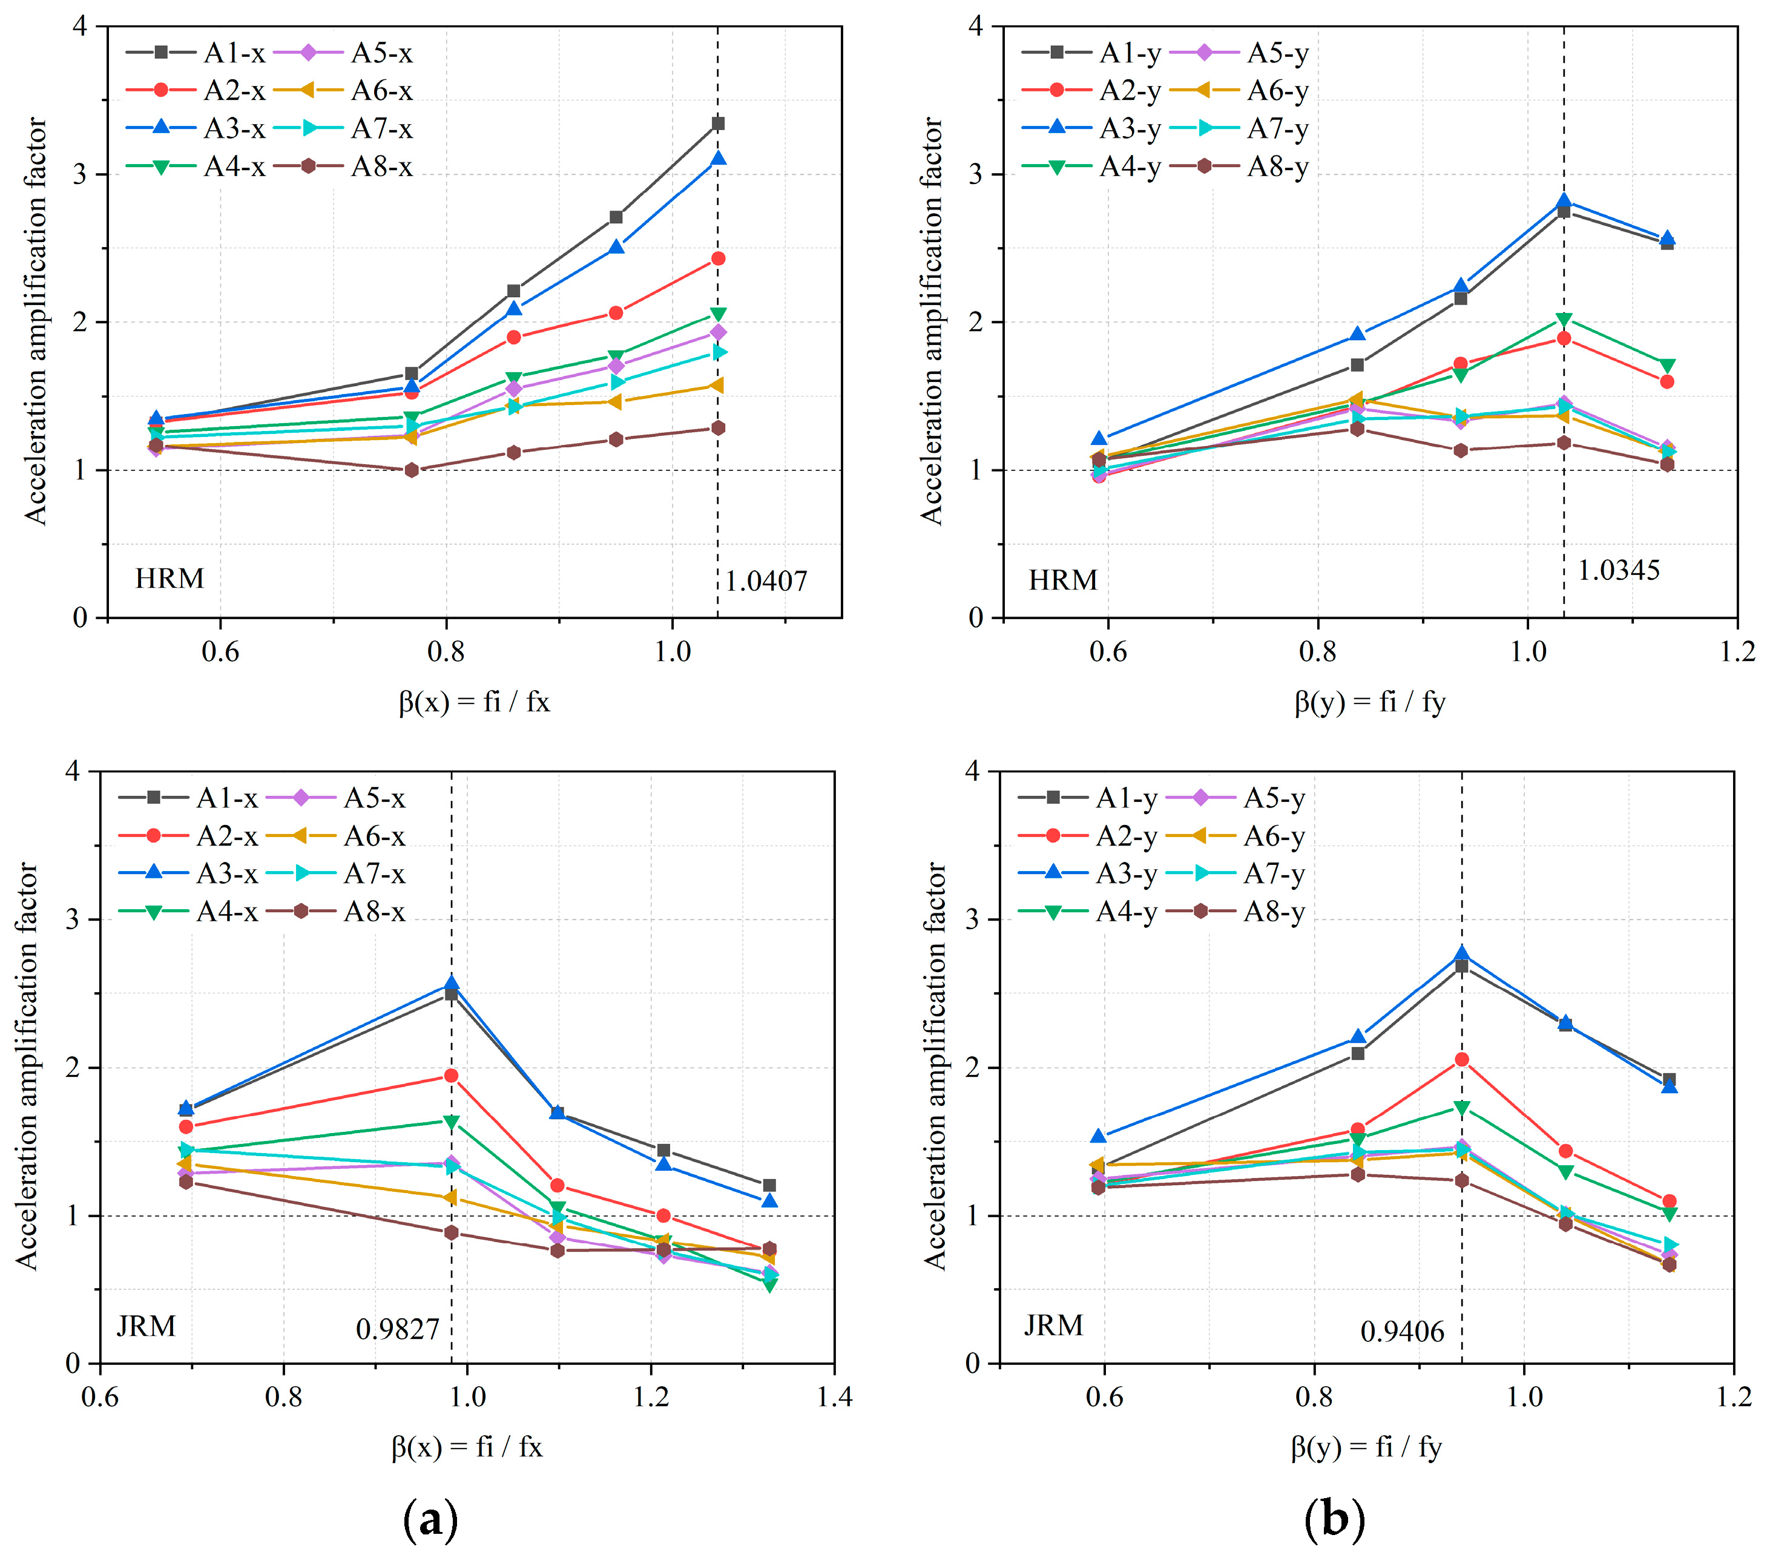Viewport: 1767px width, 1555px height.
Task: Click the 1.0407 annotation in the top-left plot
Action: pos(765,582)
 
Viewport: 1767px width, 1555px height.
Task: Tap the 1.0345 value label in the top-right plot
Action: pos(1618,570)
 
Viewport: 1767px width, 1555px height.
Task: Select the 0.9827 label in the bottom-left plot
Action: pos(398,1329)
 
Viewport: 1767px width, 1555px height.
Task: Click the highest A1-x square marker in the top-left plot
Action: pos(717,123)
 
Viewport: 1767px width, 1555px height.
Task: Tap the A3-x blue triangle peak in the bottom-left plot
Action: pos(451,983)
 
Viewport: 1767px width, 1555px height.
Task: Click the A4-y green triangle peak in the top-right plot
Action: pos(1564,320)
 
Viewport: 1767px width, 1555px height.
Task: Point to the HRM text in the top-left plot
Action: pos(169,578)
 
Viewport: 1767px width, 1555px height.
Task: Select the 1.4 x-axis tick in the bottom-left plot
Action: pos(834,1397)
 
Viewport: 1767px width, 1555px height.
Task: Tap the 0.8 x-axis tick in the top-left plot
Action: pos(446,651)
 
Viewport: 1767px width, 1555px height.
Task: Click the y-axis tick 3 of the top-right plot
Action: pos(975,174)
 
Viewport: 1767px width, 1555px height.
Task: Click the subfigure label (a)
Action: pos(430,1519)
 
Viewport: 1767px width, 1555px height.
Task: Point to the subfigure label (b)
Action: pos(1334,1519)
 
